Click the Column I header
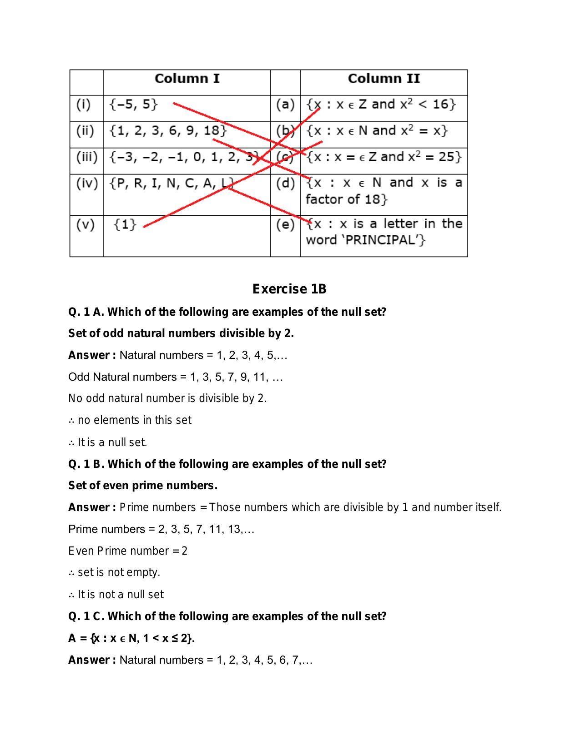[187, 79]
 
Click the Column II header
[383, 79]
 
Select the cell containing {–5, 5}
[133, 104]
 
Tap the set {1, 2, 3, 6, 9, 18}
[167, 131]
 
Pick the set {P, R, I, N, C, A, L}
[171, 184]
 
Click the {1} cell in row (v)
[125, 224]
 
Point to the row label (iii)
[86, 157]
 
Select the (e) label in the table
[285, 224]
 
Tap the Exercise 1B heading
[289, 289]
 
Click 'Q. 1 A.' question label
[86, 312]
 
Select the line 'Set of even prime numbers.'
[143, 486]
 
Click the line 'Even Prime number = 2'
[128, 551]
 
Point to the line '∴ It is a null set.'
[108, 442]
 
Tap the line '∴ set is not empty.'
[114, 572]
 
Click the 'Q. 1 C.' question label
[86, 616]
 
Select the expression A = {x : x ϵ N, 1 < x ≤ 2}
[131, 638]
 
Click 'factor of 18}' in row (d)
[346, 199]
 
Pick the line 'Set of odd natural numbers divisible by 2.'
[181, 333]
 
